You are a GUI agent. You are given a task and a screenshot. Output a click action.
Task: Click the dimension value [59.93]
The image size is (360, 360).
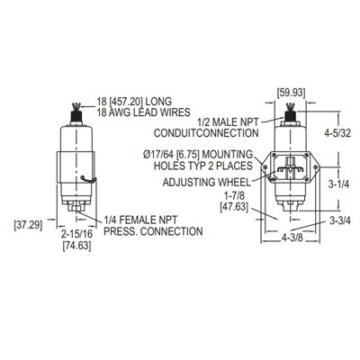coord(291,93)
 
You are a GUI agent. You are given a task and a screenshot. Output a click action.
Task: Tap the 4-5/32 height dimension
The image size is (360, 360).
coord(337,133)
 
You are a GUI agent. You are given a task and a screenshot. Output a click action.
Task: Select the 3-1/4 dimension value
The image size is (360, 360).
coord(338,184)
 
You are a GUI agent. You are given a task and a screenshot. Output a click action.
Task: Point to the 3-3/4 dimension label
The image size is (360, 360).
coord(340,220)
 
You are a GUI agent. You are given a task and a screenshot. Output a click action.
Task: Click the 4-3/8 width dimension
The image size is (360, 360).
coord(292,238)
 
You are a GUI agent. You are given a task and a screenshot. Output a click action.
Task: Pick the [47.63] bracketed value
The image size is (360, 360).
coord(234,207)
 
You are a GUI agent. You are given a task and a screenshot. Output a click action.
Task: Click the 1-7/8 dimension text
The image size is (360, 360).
coord(234,196)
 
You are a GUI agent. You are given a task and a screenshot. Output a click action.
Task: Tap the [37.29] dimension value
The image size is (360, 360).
coord(28,225)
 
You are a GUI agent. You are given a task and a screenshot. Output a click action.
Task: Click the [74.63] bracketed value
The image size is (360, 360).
coord(76,246)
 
